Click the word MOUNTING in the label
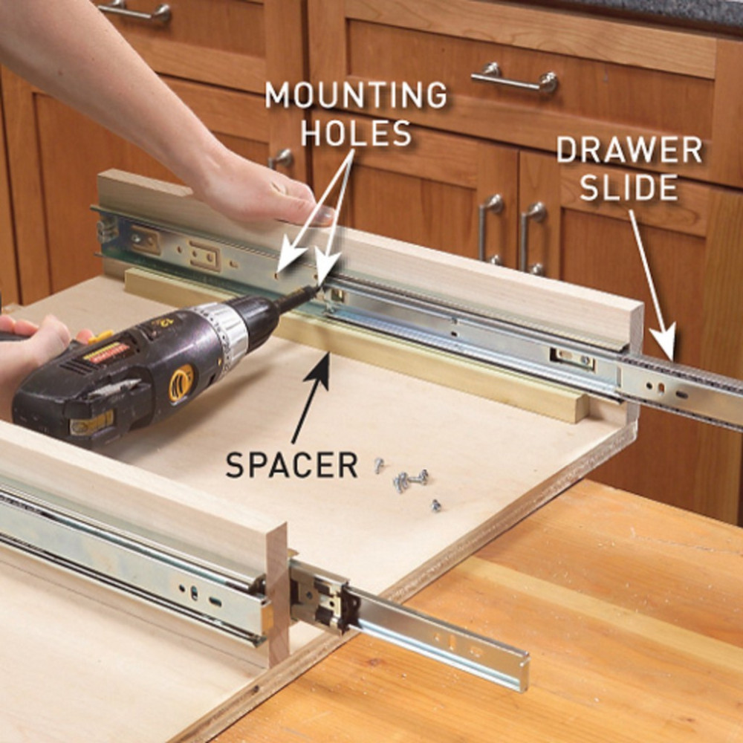click(x=356, y=95)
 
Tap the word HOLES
click(x=356, y=134)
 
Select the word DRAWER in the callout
click(x=629, y=150)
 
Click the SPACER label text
click(x=291, y=465)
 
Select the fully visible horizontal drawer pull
click(x=514, y=78)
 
